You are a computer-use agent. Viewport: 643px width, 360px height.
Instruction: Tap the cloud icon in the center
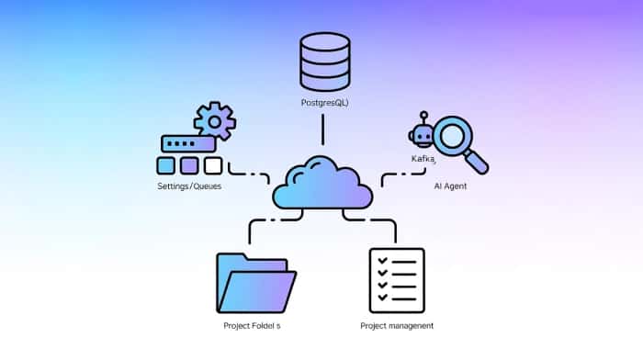point(321,183)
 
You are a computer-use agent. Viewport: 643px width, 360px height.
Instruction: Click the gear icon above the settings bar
point(215,121)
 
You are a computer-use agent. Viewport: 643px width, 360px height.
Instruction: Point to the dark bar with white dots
point(188,144)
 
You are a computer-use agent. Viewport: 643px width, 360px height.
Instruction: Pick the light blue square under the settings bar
point(166,165)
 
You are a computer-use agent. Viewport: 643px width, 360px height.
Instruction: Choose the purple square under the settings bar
point(189,165)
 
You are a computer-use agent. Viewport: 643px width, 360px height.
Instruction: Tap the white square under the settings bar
point(212,165)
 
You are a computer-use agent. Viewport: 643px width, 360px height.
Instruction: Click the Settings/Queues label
point(189,186)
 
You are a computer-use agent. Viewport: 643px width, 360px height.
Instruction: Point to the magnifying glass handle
point(479,163)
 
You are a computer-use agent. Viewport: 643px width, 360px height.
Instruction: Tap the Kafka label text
point(423,159)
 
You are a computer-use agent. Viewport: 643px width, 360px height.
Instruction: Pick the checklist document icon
point(396,280)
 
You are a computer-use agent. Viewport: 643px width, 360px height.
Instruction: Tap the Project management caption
point(397,325)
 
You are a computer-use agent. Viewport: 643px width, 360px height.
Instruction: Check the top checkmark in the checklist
point(381,262)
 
